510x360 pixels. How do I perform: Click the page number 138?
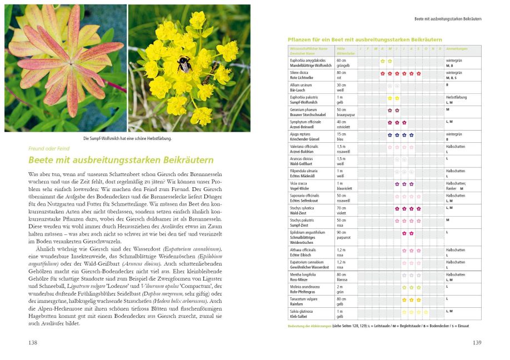coord(33,342)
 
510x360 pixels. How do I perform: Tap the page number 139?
coord(477,342)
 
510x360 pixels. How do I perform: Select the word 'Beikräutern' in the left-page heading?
coord(183,160)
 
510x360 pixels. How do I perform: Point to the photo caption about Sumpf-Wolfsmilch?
coord(127,138)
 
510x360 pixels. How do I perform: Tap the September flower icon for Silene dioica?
coord(418,73)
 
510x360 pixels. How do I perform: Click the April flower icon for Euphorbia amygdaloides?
coord(382,61)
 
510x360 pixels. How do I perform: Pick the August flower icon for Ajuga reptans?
coord(411,134)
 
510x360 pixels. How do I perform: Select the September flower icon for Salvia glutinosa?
coord(418,312)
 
